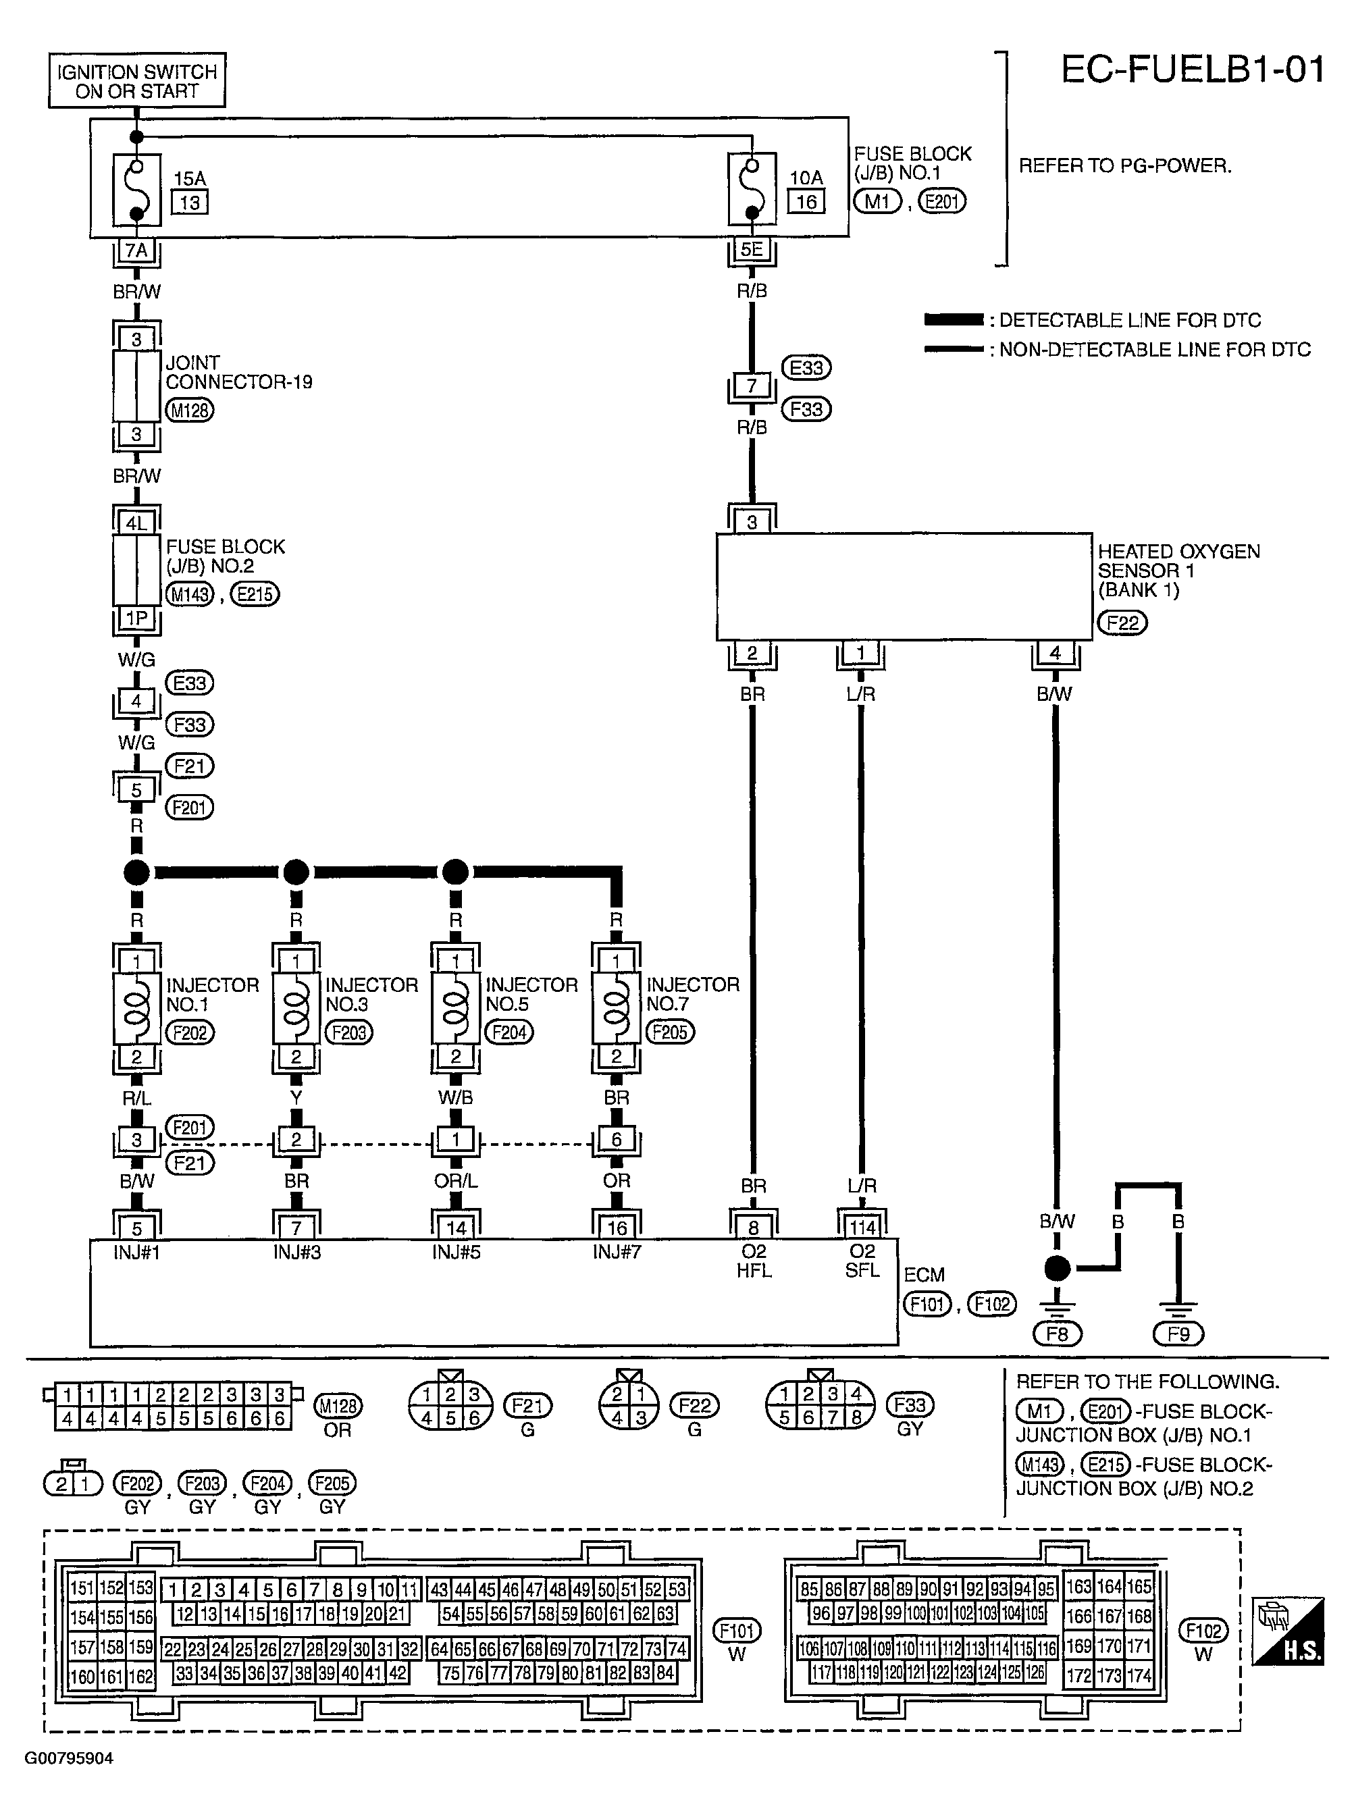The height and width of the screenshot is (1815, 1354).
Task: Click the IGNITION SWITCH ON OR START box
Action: [137, 81]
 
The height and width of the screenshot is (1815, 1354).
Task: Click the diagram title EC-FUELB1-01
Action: [1193, 70]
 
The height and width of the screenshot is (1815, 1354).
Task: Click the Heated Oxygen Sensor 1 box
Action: [904, 587]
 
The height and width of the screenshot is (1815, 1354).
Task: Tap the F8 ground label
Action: [1058, 1334]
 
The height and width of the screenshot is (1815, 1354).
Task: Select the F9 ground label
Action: [1178, 1334]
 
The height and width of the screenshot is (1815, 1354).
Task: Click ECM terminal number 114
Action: [862, 1228]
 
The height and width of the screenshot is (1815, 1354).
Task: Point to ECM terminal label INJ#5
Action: [456, 1252]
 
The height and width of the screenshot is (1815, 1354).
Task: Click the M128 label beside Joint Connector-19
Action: [189, 411]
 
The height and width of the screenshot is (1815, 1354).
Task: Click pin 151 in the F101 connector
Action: [82, 1587]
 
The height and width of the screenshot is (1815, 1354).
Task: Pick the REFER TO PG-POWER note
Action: [1124, 165]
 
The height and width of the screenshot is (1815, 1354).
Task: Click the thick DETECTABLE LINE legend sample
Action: [954, 319]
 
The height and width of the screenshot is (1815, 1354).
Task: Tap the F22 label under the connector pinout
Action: [694, 1405]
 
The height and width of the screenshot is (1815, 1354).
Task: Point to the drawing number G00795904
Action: [69, 1758]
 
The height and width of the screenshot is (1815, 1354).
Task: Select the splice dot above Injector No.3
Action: [296, 872]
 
